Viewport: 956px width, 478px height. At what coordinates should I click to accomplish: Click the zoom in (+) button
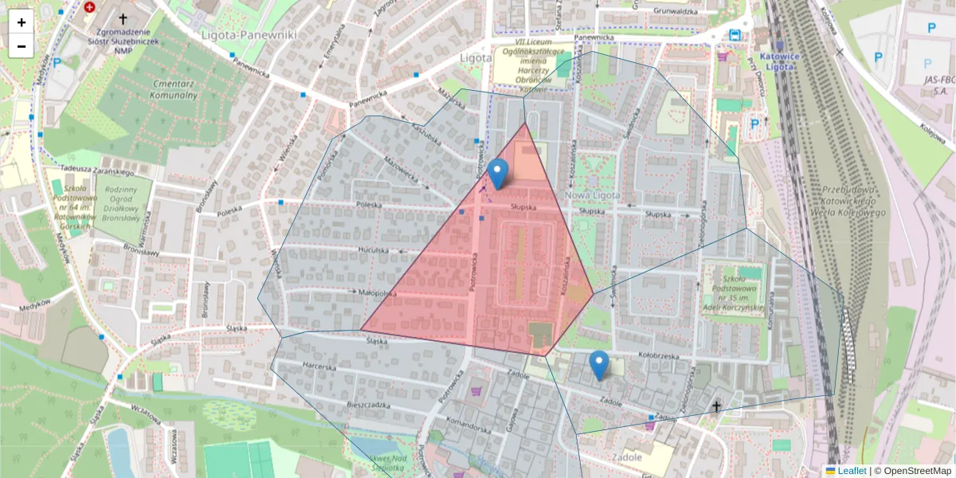coord(22,22)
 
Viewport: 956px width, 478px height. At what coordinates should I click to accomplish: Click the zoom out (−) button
coord(22,46)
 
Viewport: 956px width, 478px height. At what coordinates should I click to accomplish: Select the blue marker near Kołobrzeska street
coord(599,364)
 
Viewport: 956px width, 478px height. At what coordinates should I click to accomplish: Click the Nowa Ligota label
coord(592,195)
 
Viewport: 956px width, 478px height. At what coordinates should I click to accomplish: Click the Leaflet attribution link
coord(852,471)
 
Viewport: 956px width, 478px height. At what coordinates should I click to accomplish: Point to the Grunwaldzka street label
coord(675,11)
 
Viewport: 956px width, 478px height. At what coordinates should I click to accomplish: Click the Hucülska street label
coord(373,249)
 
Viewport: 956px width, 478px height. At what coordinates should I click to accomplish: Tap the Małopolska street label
coord(378,293)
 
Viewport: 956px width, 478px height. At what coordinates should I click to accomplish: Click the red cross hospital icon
coord(89,7)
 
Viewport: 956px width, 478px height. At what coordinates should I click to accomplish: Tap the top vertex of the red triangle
coord(525,123)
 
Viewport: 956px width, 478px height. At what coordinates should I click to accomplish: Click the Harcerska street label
coord(320,366)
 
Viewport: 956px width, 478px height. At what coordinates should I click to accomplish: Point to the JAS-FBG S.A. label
coord(940,85)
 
